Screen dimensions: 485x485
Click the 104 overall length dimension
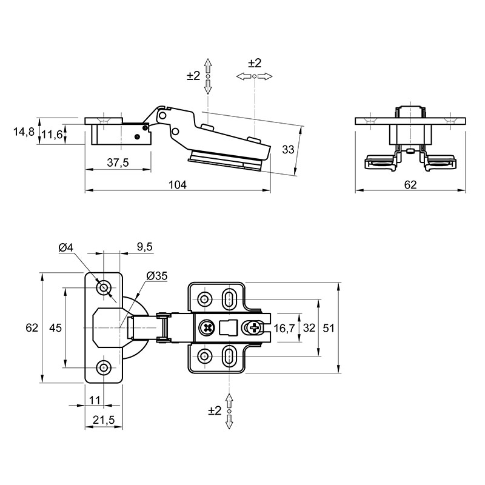pos(178,185)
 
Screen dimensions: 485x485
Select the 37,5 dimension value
pos(118,162)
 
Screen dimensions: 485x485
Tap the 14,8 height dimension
pos(24,132)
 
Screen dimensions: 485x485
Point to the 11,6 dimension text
pos(53,135)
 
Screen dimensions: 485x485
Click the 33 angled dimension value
pos(288,149)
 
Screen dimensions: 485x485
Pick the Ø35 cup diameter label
pos(157,276)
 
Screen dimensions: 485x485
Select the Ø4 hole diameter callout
pos(65,247)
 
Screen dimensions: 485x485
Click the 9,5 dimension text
pos(145,247)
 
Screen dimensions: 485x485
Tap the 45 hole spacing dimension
pos(56,328)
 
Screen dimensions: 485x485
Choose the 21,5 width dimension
pos(104,420)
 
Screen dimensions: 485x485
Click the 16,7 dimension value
pos(284,328)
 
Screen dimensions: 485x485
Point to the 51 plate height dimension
pos(329,328)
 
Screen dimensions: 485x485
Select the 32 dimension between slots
pos(309,328)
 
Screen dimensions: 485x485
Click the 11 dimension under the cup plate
pos(95,400)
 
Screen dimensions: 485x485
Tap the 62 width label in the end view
pos(410,185)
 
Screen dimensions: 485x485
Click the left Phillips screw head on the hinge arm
pos(207,328)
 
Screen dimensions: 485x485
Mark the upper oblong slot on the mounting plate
pos(229,298)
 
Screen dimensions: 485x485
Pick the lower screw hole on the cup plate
pos(104,367)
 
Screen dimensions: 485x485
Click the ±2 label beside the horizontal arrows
pos(255,63)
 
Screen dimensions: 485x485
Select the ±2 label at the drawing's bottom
pos(215,410)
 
